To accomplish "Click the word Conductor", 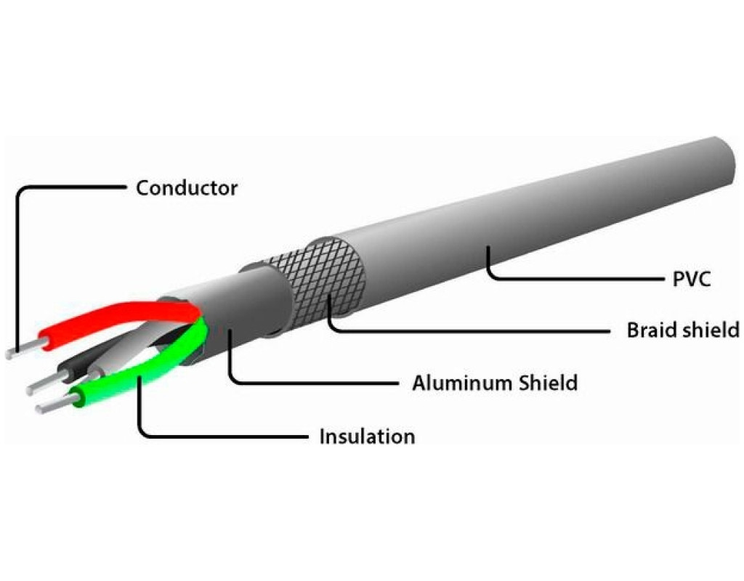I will coord(187,188).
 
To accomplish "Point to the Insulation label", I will coord(367,436).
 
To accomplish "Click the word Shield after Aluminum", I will coord(549,383).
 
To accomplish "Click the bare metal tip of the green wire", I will coord(51,405).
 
